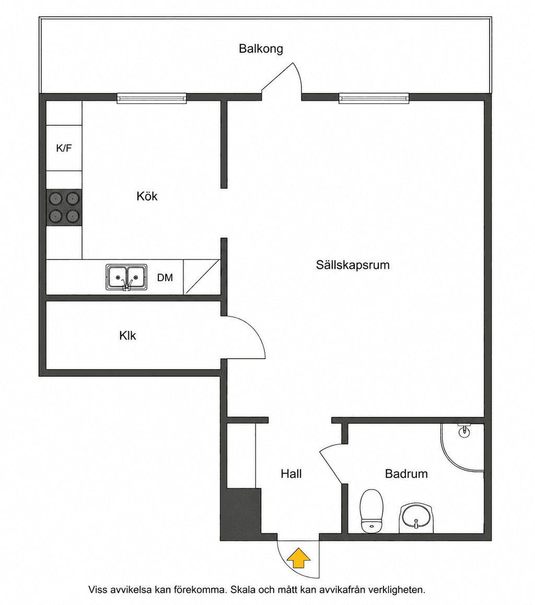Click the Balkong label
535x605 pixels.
(261, 49)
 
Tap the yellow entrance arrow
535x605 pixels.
(299, 557)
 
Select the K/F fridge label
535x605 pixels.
(64, 148)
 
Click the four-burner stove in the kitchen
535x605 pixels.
(64, 207)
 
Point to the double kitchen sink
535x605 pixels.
(126, 277)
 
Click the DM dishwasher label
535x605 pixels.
(165, 277)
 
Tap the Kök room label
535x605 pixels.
(147, 196)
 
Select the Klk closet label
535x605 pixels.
(127, 336)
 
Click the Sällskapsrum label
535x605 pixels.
(353, 265)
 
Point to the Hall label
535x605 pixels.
(291, 474)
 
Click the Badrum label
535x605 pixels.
(406, 474)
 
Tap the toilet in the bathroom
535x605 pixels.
(371, 511)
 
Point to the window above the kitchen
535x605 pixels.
(152, 99)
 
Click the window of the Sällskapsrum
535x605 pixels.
(374, 99)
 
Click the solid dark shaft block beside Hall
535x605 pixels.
(241, 514)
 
